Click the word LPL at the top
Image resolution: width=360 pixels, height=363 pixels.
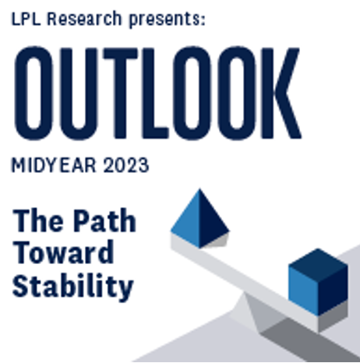pyautogui.click(x=26, y=19)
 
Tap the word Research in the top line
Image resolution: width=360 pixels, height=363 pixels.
pyautogui.click(x=84, y=19)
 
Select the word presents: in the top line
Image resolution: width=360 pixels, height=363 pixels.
pyautogui.click(x=168, y=20)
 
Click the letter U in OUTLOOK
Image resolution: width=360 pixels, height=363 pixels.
pyautogui.click(x=79, y=93)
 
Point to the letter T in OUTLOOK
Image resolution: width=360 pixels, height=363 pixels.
pyautogui.click(x=121, y=93)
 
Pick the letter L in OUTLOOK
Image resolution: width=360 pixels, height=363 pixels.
pyautogui.click(x=155, y=93)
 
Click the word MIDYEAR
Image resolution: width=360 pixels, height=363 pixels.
pyautogui.click(x=55, y=165)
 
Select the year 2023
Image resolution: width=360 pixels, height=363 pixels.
pyautogui.click(x=126, y=165)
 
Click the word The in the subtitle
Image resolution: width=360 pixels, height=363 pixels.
pyautogui.click(x=38, y=220)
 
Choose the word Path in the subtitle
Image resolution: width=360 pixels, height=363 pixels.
pyautogui.click(x=104, y=220)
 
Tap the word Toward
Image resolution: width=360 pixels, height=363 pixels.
pyautogui.click(x=63, y=252)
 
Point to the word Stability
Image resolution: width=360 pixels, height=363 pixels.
pyautogui.click(x=73, y=287)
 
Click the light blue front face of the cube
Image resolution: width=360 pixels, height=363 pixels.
pyautogui.click(x=303, y=291)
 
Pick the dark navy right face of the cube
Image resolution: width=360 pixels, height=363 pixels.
pyautogui.click(x=333, y=291)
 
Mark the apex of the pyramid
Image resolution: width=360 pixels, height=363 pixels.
pyautogui.click(x=199, y=189)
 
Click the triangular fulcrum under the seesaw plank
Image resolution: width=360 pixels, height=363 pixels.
pyautogui.click(x=256, y=312)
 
